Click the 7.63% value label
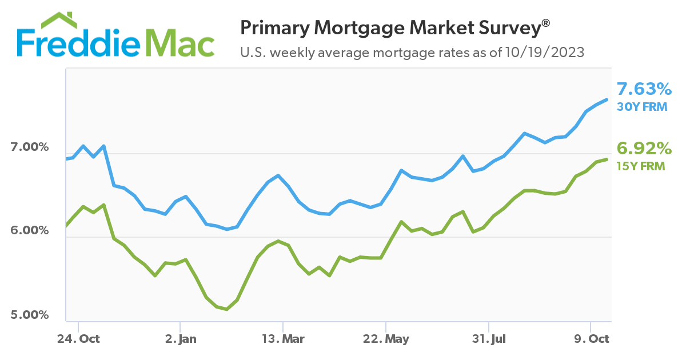pos(644,89)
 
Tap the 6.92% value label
pos(644,149)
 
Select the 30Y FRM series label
pos(642,106)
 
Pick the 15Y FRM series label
pos(641,166)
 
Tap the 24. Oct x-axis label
pos(78,338)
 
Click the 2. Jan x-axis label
pos(180,338)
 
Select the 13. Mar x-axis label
pos(283,338)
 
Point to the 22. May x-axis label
pos(386,338)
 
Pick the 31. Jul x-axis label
pos(489,338)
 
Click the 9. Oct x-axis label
pos(592,338)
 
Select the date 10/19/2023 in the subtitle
pos(544,53)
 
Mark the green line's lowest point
pos(227,309)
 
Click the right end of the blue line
pos(607,99)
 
